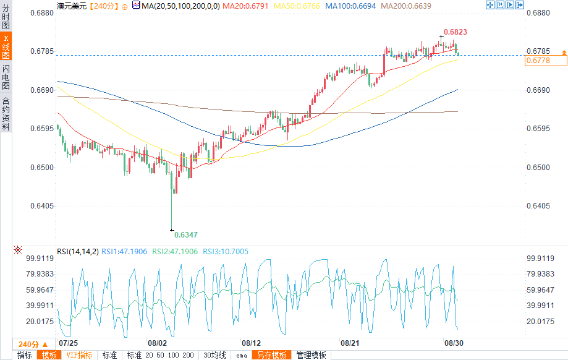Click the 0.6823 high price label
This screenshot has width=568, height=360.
click(458, 31)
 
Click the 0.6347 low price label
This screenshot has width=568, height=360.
click(185, 235)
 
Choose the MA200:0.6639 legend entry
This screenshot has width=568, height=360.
click(405, 6)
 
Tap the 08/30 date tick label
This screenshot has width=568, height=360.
click(454, 343)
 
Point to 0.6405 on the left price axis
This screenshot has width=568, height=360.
click(41, 206)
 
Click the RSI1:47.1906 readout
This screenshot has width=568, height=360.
click(124, 251)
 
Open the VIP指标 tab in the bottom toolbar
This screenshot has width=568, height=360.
click(79, 355)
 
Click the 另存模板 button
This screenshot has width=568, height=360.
click(272, 355)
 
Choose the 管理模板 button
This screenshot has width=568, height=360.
click(311, 355)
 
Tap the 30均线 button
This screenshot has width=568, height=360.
click(215, 355)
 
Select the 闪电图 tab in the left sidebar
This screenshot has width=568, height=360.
click(6, 77)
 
